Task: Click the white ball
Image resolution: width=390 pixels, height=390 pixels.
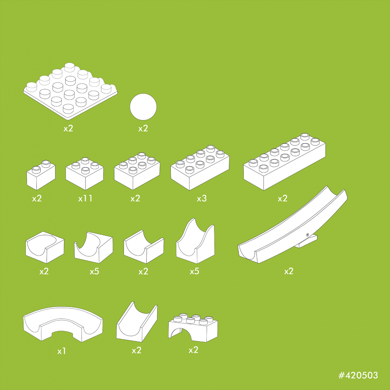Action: coord(143,107)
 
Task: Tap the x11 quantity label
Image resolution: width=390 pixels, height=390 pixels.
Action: coord(85,198)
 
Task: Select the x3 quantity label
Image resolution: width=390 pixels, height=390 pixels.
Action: coord(202,198)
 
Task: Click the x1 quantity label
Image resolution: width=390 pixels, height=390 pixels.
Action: coord(62,351)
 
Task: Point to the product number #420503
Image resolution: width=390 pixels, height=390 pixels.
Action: coord(358,375)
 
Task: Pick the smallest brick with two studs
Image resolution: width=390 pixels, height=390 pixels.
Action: coord(41,175)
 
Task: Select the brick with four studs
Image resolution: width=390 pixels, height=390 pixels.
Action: coord(85,174)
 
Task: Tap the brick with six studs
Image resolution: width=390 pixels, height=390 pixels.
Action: coord(137,171)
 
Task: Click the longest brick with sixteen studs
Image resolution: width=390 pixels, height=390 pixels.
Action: coord(284,162)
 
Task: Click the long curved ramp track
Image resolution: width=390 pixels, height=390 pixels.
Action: coord(292,225)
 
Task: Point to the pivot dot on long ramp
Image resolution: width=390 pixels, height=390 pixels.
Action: coord(308,234)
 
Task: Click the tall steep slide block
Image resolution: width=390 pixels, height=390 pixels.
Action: coord(195,241)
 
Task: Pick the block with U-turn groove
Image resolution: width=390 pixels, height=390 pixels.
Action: coord(45,247)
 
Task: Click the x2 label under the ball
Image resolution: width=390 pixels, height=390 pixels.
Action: coord(143,128)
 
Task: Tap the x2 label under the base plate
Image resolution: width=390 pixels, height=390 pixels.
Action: coord(68,128)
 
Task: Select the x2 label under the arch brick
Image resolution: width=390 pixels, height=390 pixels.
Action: coord(193,350)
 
